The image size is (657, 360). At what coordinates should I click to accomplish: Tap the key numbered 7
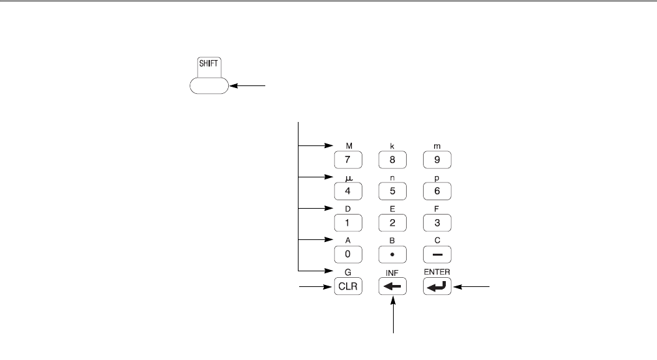(347, 160)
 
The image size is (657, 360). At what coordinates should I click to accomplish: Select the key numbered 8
(392, 160)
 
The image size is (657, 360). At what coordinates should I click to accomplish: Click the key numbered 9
(437, 160)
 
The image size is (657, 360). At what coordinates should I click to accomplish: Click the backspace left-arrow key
(392, 286)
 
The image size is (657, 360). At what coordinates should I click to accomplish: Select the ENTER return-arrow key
(437, 286)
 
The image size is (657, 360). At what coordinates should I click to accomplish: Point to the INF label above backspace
(392, 272)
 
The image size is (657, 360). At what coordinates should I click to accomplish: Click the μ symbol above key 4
(347, 177)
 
